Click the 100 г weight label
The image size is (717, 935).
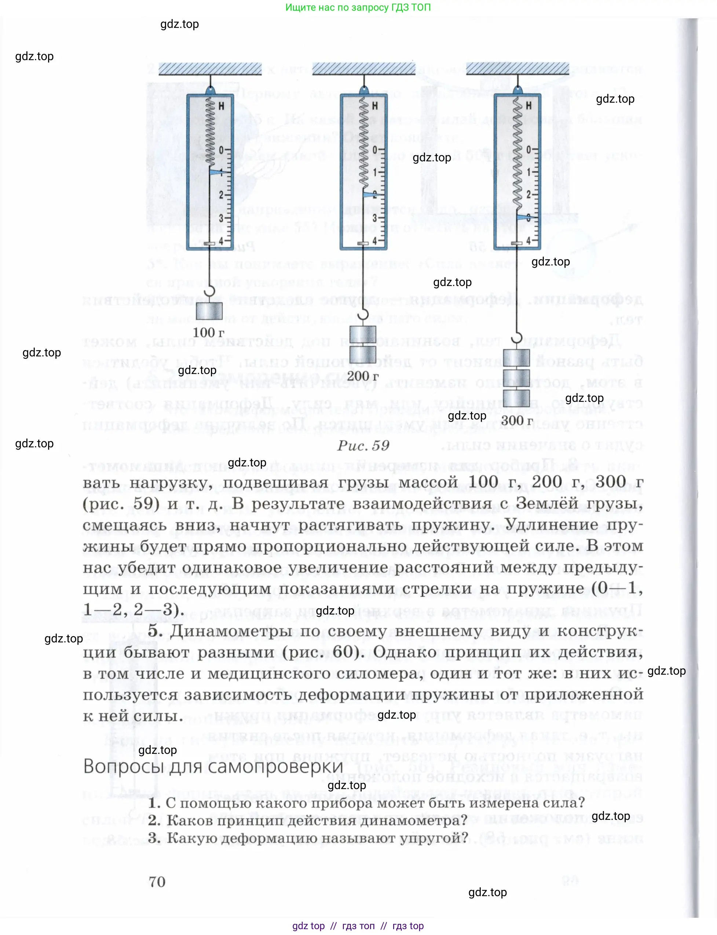click(x=208, y=333)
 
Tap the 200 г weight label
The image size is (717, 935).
click(x=362, y=376)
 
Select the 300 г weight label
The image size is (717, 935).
click(x=517, y=420)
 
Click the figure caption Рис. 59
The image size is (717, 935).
click(x=363, y=445)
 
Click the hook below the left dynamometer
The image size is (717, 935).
click(x=209, y=291)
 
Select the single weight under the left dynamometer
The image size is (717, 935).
click(x=209, y=311)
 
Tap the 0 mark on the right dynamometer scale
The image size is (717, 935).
click(x=528, y=150)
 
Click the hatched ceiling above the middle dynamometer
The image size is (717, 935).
click(x=363, y=68)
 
